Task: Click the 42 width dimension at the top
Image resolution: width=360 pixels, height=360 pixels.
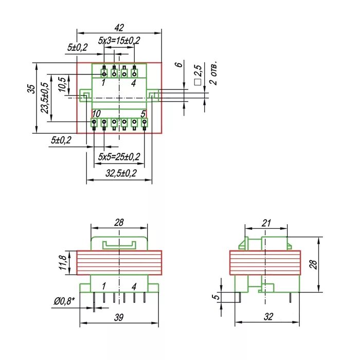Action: [119, 28]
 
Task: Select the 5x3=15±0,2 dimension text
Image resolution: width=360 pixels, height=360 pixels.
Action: [119, 41]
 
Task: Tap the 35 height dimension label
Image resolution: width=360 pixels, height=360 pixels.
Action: [31, 89]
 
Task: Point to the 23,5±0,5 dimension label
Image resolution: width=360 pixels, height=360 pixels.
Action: [45, 98]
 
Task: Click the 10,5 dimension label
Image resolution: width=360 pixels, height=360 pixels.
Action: [62, 84]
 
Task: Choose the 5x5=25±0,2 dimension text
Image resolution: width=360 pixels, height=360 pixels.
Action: [119, 157]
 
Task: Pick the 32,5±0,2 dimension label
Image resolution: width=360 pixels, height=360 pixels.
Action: [121, 173]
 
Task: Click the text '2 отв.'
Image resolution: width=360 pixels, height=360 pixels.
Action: [213, 73]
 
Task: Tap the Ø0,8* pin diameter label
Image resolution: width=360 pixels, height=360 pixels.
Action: [64, 301]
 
